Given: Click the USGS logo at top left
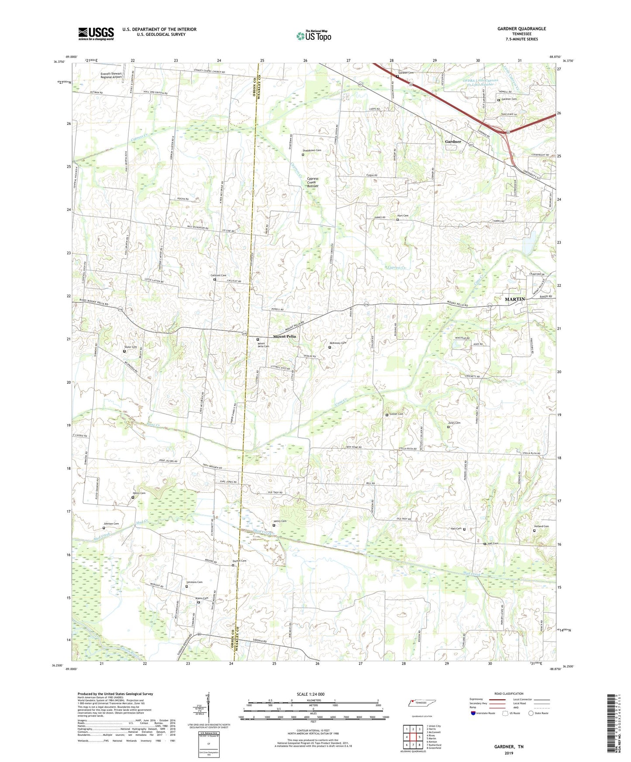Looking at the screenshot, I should [x=96, y=34].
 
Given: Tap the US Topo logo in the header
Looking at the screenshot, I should [x=313, y=36].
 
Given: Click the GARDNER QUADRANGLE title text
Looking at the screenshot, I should [x=521, y=29].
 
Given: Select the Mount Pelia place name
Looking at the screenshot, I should [x=284, y=336].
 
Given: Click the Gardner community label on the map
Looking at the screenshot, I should [x=453, y=142].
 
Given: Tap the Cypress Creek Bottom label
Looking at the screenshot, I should [x=313, y=182].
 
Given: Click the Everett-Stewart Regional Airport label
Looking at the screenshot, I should [x=111, y=76].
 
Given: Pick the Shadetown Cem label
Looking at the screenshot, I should [x=312, y=151].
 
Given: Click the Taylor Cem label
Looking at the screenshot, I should [x=131, y=347].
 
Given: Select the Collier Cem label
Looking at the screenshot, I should [x=396, y=414].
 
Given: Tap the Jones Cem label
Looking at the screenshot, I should [x=454, y=423].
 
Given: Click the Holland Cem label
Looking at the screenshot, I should [x=541, y=526].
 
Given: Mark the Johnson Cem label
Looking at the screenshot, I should [x=111, y=524].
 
